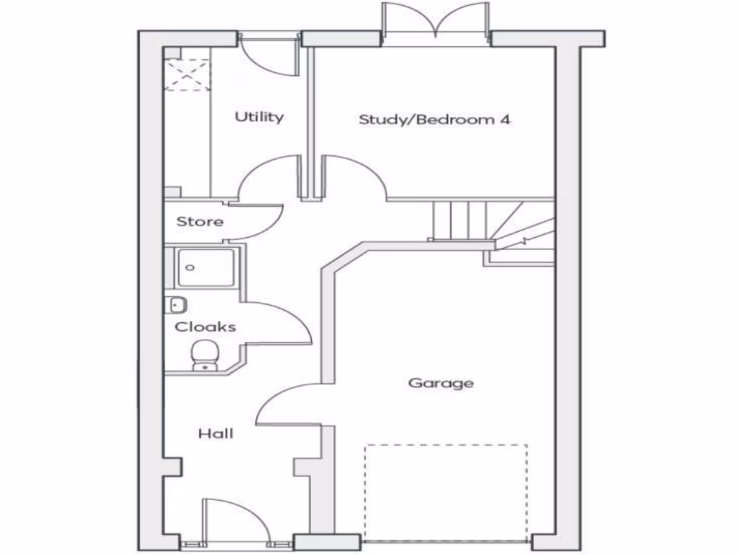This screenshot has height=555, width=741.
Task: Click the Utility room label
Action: click(x=259, y=116)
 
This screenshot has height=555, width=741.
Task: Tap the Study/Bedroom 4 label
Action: click(x=434, y=119)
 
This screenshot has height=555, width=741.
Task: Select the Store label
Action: click(x=200, y=222)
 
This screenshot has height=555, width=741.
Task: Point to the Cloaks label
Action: click(x=206, y=327)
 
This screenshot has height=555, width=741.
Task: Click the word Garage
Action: click(x=441, y=382)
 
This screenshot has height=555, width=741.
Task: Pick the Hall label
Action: click(x=216, y=434)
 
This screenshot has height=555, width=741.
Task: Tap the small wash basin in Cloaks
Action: click(x=176, y=304)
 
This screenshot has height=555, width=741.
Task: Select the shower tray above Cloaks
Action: click(x=204, y=267)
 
